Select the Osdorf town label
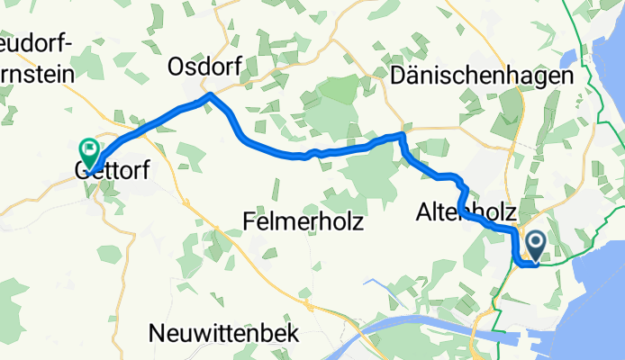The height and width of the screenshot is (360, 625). [202, 67]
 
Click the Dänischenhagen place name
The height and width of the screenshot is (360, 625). [483, 76]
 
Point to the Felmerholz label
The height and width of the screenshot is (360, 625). [303, 220]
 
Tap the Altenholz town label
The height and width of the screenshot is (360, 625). [466, 213]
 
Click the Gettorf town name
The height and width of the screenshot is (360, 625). [110, 170]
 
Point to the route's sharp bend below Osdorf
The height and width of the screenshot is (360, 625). [209, 94]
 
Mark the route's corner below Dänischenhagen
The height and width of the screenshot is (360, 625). [403, 135]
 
